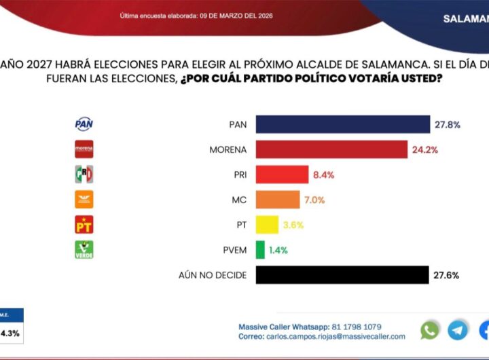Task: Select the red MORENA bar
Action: coord(331,149)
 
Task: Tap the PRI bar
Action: coord(283,175)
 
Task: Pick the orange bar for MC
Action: coord(278,200)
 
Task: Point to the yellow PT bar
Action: coord(267,225)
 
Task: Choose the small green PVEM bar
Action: coord(260,250)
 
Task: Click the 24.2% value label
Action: coord(424,150)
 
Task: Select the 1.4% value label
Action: coord(278,250)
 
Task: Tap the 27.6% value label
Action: coord(446,276)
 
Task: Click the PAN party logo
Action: coord(84,124)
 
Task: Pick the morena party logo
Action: coord(84,149)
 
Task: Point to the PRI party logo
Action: coord(84,174)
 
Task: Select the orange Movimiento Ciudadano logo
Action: coord(84,199)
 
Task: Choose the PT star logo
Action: coord(84,224)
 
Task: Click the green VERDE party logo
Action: coord(84,249)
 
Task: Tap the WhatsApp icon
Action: coord(430,330)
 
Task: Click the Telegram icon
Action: coord(458,330)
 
